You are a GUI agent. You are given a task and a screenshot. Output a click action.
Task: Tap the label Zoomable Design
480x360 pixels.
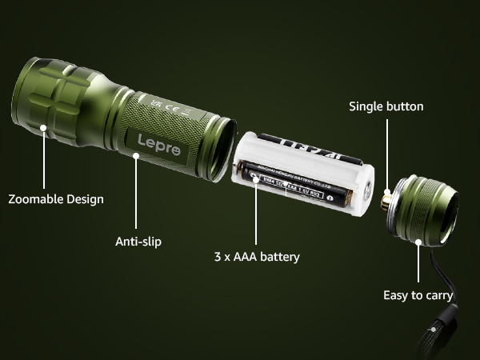pyautogui.click(x=56, y=198)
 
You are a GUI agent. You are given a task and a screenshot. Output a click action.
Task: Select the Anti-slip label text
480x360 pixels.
pyautogui.click(x=138, y=240)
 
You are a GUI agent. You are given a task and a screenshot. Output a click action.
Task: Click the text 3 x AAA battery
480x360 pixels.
pyautogui.click(x=256, y=257)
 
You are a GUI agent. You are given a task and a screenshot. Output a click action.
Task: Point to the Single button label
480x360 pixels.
pyautogui.click(x=386, y=106)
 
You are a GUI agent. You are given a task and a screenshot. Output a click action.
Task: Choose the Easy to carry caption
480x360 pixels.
pyautogui.click(x=418, y=295)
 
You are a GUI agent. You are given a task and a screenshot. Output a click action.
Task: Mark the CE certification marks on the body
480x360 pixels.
pyautogui.click(x=166, y=106)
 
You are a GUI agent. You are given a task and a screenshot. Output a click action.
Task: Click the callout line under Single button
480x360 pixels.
pyautogui.click(x=387, y=152)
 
